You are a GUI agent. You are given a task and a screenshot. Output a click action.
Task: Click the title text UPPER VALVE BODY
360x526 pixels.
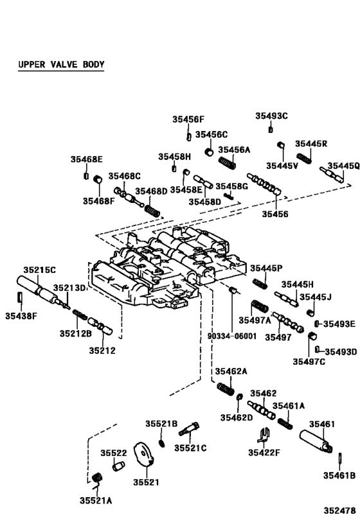click(x=60, y=65)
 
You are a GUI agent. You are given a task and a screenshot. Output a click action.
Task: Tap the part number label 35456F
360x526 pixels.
click(x=188, y=119)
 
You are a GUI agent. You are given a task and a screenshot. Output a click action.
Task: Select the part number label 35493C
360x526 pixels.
click(x=271, y=116)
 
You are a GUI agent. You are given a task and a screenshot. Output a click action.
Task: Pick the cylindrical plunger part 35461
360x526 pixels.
click(x=316, y=443)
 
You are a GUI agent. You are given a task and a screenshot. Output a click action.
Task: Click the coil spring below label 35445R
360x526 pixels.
click(x=304, y=158)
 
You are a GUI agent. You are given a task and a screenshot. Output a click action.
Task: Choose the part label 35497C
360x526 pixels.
click(x=309, y=362)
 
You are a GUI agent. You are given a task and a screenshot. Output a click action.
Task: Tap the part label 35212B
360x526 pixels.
click(x=76, y=333)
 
